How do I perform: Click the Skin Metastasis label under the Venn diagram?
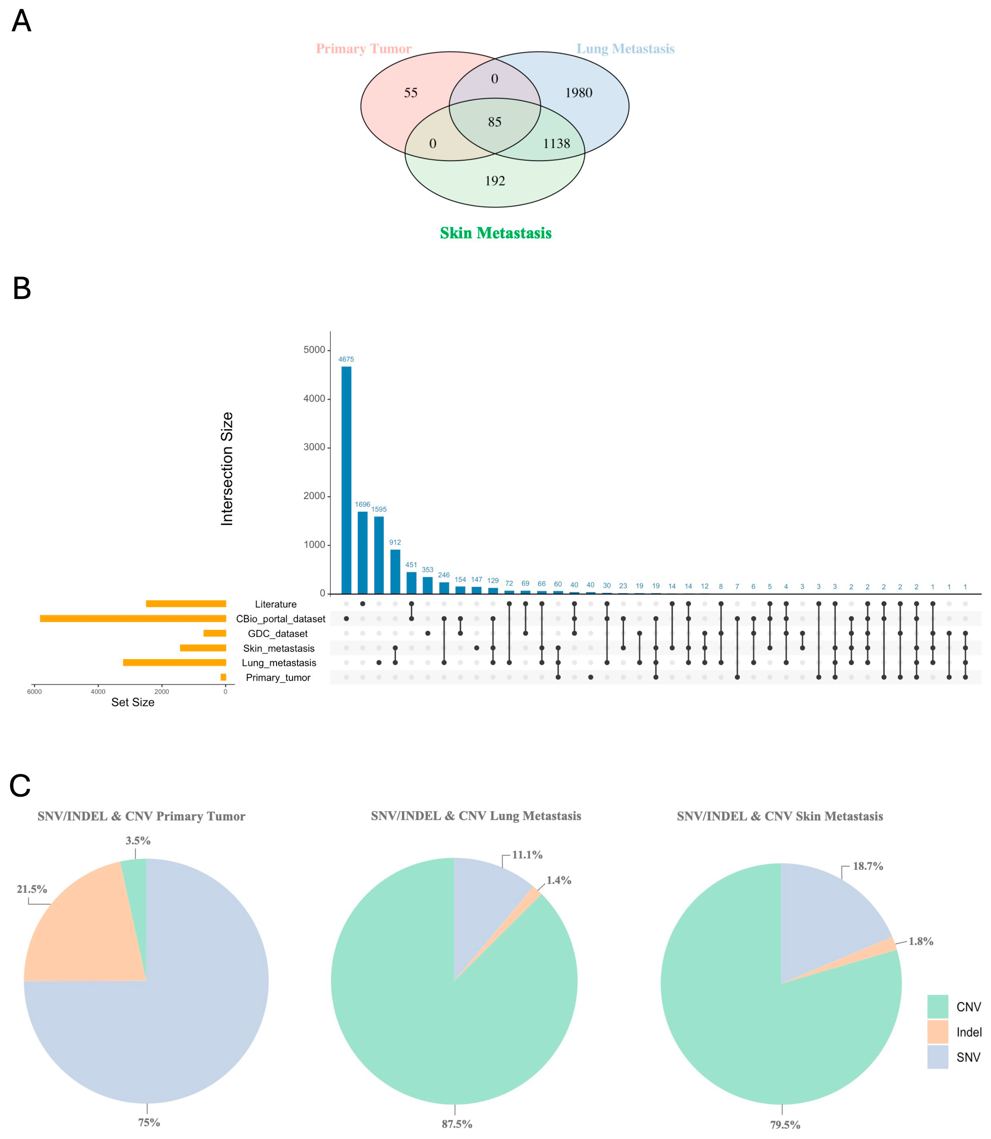pyautogui.click(x=495, y=233)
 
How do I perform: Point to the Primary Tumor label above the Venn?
pyautogui.click(x=363, y=49)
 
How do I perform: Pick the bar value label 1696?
pyautogui.click(x=362, y=504)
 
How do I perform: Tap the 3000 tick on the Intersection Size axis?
pyautogui.click(x=314, y=447)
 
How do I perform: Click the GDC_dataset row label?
pyautogui.click(x=278, y=634)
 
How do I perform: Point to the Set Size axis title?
pyautogui.click(x=133, y=702)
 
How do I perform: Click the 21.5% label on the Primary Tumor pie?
pyautogui.click(x=32, y=889)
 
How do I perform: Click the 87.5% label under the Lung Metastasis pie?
pyautogui.click(x=457, y=1124)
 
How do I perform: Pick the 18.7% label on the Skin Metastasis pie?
pyautogui.click(x=868, y=866)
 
